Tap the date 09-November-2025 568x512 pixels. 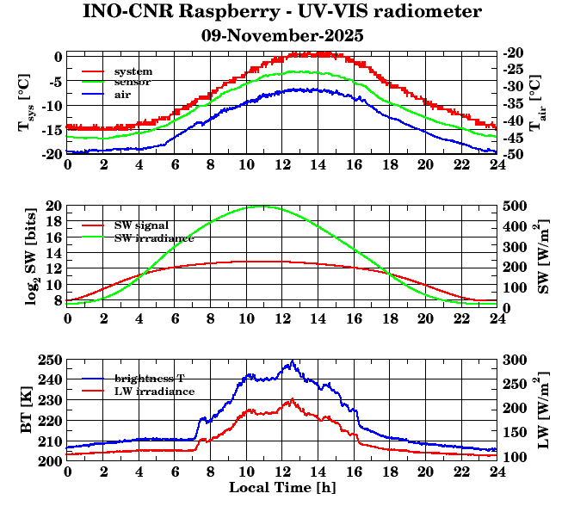pos(282,36)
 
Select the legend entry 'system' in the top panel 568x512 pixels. pos(133,71)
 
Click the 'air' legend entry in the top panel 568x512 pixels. pos(122,94)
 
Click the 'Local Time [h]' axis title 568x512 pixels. pos(282,487)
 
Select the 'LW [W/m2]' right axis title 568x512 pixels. pos(540,410)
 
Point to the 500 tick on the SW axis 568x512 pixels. pos(515,207)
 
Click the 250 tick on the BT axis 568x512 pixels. pos(52,360)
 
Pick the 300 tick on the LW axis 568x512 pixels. pos(515,360)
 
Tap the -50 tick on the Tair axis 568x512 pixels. pos(514,155)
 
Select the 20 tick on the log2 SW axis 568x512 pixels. pos(54,207)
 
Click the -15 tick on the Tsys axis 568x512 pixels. pos(52,129)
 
